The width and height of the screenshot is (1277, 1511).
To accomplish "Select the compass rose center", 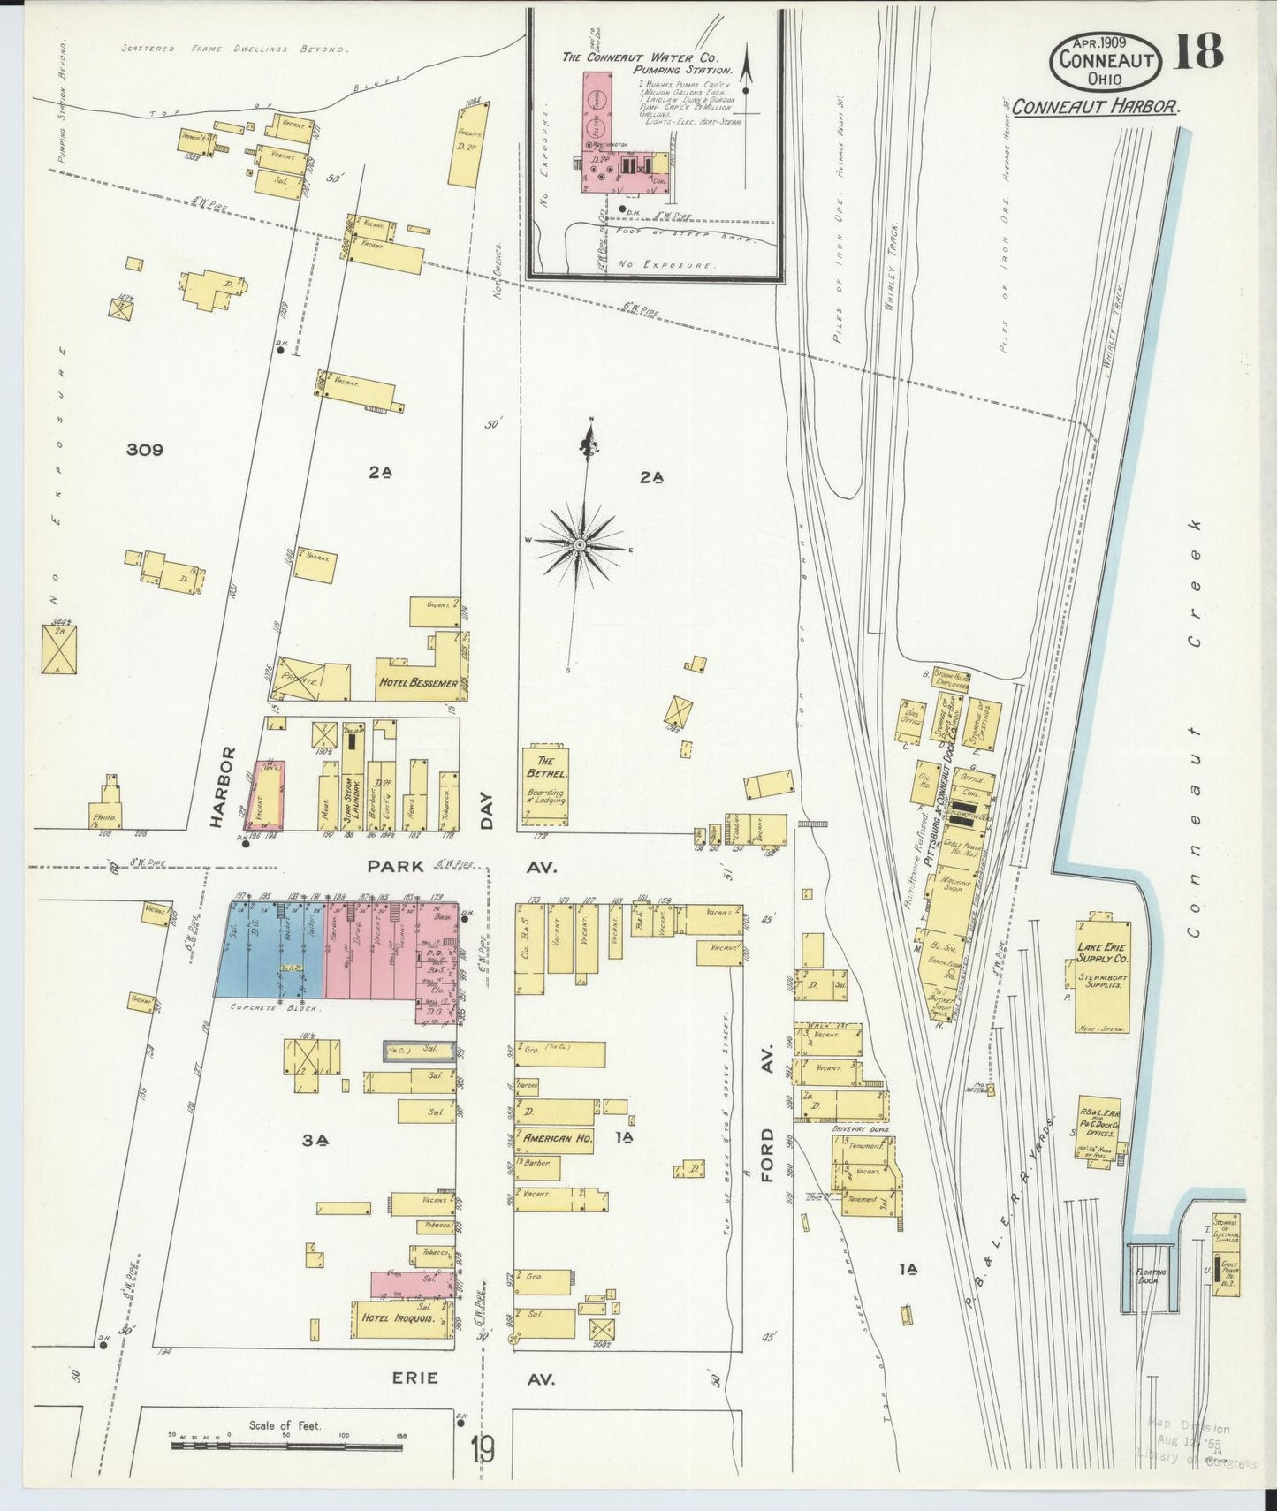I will (580, 545).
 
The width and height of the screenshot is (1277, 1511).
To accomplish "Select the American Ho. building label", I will (558, 1139).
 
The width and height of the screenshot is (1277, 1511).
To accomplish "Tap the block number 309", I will (144, 450).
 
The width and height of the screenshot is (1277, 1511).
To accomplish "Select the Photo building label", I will (104, 818).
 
